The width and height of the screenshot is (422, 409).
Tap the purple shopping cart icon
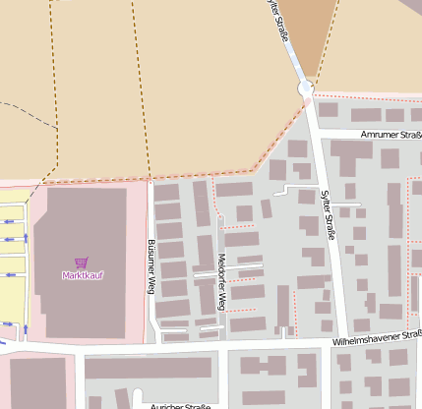[x=81, y=263]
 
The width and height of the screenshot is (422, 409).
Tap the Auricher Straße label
[x=180, y=405]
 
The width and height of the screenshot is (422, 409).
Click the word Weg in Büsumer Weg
[x=151, y=285]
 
